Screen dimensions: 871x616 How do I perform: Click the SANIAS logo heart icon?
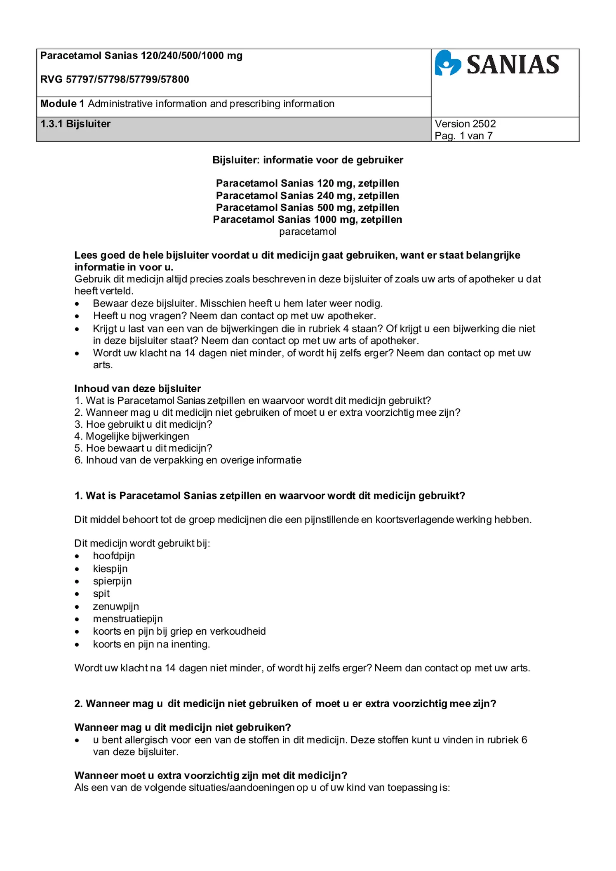(x=448, y=63)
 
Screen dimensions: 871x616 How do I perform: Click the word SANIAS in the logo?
(x=513, y=65)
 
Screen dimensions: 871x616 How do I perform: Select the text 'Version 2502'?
(x=465, y=124)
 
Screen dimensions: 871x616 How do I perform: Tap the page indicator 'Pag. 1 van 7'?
(x=463, y=136)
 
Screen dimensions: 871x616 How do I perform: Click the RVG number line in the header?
(x=115, y=79)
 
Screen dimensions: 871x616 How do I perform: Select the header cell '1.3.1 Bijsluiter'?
(x=75, y=124)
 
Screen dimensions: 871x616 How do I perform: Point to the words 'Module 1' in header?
(x=58, y=104)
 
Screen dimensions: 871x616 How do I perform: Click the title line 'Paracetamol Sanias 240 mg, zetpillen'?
(x=308, y=195)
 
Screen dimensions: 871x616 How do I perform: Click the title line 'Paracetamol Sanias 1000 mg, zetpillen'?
(x=308, y=219)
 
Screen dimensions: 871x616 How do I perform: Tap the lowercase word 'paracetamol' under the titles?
(x=308, y=231)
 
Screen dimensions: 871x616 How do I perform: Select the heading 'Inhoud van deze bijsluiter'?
(x=137, y=388)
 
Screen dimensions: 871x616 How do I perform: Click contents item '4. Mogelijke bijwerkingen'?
(x=132, y=436)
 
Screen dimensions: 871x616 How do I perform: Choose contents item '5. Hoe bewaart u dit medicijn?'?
(x=143, y=448)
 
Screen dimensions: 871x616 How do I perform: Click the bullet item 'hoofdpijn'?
(x=114, y=556)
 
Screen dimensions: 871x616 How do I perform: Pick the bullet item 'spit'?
(x=101, y=593)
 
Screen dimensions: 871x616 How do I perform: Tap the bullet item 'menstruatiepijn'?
(x=128, y=619)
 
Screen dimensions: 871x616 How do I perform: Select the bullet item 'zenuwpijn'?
(x=116, y=606)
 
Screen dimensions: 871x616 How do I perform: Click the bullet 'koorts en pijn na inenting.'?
(x=151, y=644)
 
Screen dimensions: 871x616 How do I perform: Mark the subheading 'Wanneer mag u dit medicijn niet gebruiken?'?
(x=183, y=727)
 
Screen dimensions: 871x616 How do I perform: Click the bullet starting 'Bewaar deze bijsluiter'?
(x=237, y=304)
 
